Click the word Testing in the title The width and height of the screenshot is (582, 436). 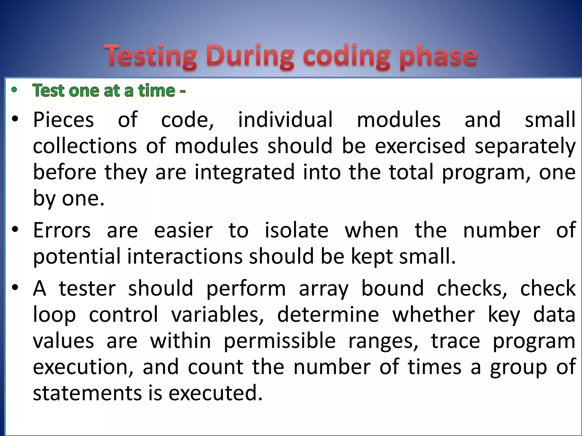pos(150,56)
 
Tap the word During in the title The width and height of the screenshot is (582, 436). pos(250,56)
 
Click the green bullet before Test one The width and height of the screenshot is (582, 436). pos(14,90)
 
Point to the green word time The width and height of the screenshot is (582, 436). pos(157,91)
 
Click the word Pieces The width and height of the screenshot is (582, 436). pos(63,120)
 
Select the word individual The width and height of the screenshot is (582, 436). pos(285,120)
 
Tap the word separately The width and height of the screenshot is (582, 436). pos(525,146)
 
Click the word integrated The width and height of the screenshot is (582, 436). pos(244,172)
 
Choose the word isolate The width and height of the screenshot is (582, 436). pos(296,230)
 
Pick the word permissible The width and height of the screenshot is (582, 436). pos(280,341)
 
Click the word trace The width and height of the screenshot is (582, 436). pos(456,341)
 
